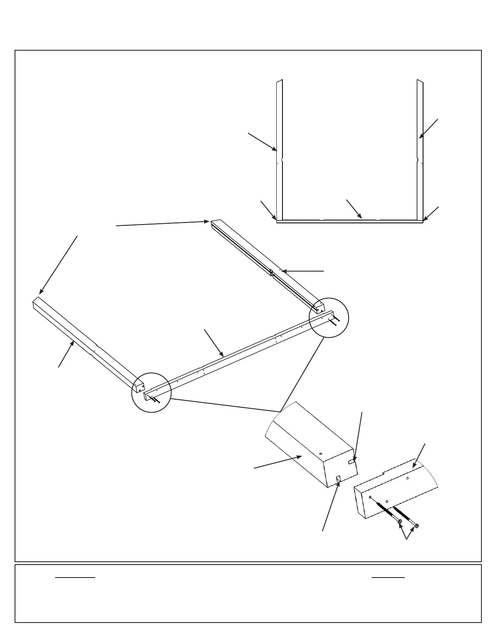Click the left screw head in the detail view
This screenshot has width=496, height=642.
tap(400, 521)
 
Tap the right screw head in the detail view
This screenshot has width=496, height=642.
tap(417, 526)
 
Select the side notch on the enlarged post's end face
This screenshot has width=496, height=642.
tap(353, 461)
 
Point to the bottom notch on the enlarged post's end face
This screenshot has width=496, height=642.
tap(339, 479)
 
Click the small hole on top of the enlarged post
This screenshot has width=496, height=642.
tap(321, 454)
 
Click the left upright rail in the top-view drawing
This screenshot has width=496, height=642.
tap(279, 150)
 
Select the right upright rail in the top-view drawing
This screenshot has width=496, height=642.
tap(420, 150)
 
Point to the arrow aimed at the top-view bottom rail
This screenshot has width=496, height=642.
tap(354, 209)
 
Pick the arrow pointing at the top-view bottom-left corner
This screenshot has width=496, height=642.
tap(268, 210)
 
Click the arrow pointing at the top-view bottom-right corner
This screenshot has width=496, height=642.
tap(431, 214)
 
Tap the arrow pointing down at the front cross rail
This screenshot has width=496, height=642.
tap(214, 343)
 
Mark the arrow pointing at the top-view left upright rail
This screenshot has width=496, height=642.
tap(262, 141)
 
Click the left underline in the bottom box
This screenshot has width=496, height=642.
tap(75, 577)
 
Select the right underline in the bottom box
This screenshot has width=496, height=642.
tap(388, 577)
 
